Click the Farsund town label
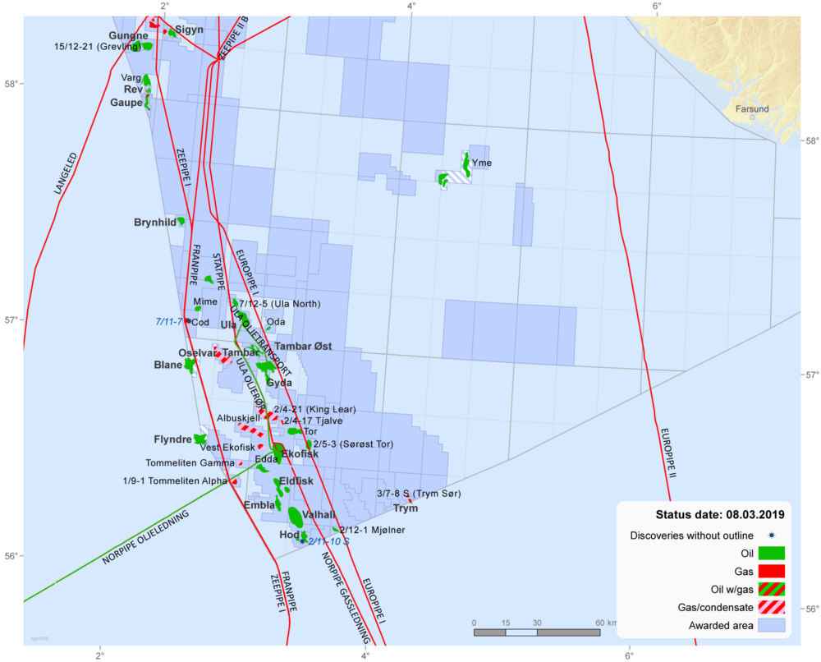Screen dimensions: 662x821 point(752,109)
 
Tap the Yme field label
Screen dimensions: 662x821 point(482,163)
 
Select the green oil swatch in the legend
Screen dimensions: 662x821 point(770,553)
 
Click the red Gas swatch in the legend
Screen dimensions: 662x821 point(770,571)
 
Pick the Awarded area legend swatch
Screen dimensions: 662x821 point(770,626)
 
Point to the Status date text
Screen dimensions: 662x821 point(719,515)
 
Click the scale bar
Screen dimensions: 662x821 point(537,632)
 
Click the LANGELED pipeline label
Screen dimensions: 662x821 point(66,173)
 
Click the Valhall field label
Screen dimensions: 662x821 point(319,515)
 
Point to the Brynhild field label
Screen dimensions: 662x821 point(154,223)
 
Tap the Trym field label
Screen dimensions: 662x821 point(406,508)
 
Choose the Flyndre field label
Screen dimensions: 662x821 point(172,439)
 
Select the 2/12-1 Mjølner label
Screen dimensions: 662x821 point(372,530)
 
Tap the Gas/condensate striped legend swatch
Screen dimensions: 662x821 point(770,608)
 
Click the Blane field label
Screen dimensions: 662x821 point(168,365)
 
